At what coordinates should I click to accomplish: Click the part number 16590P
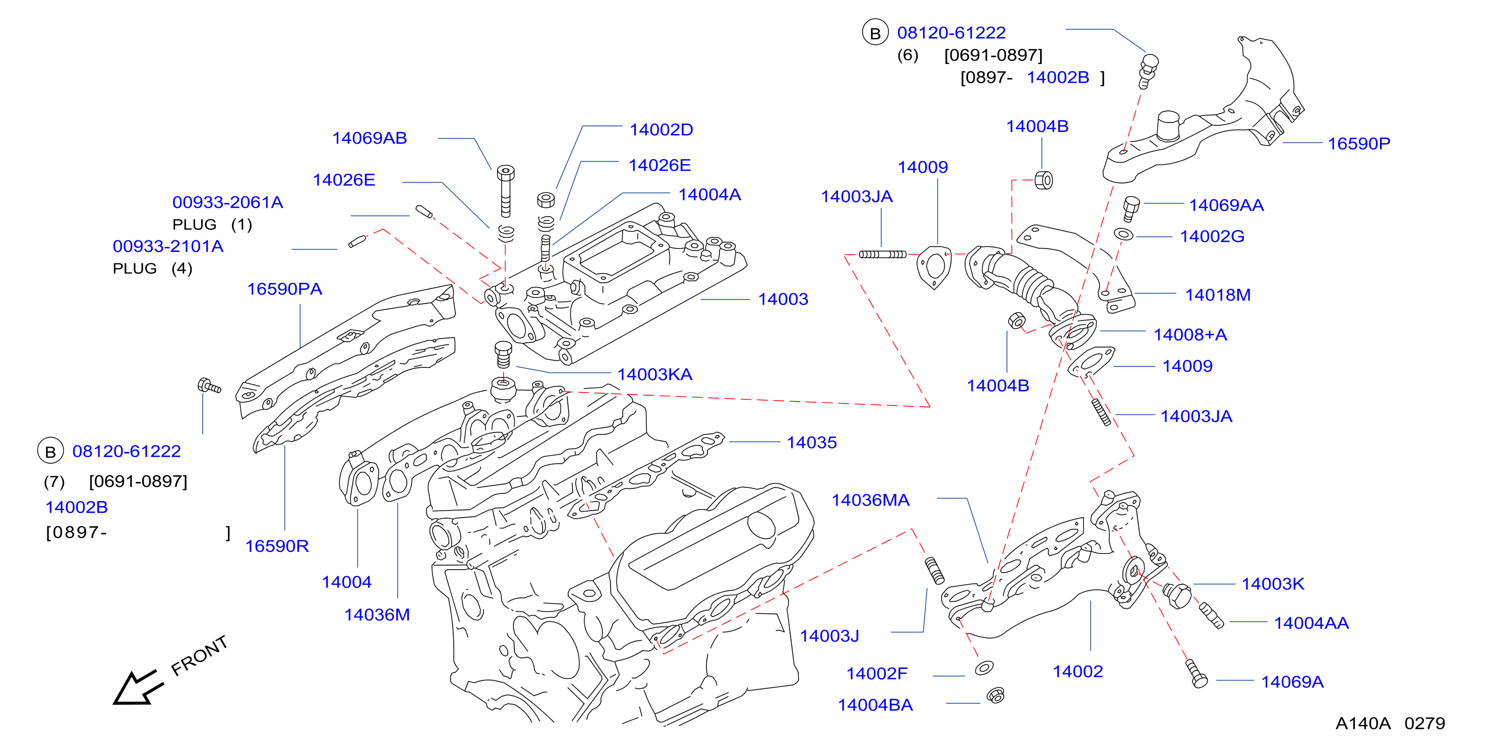click(x=1359, y=144)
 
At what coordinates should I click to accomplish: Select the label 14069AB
click(x=370, y=138)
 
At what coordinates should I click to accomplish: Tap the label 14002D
click(x=661, y=130)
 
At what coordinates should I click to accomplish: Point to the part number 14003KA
click(x=654, y=375)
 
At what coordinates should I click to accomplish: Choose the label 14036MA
click(x=870, y=500)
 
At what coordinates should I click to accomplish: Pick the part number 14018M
click(x=1218, y=295)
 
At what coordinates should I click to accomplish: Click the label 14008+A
click(x=1190, y=335)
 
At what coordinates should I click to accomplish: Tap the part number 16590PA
click(x=284, y=289)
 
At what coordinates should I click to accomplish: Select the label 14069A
click(x=1292, y=682)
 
